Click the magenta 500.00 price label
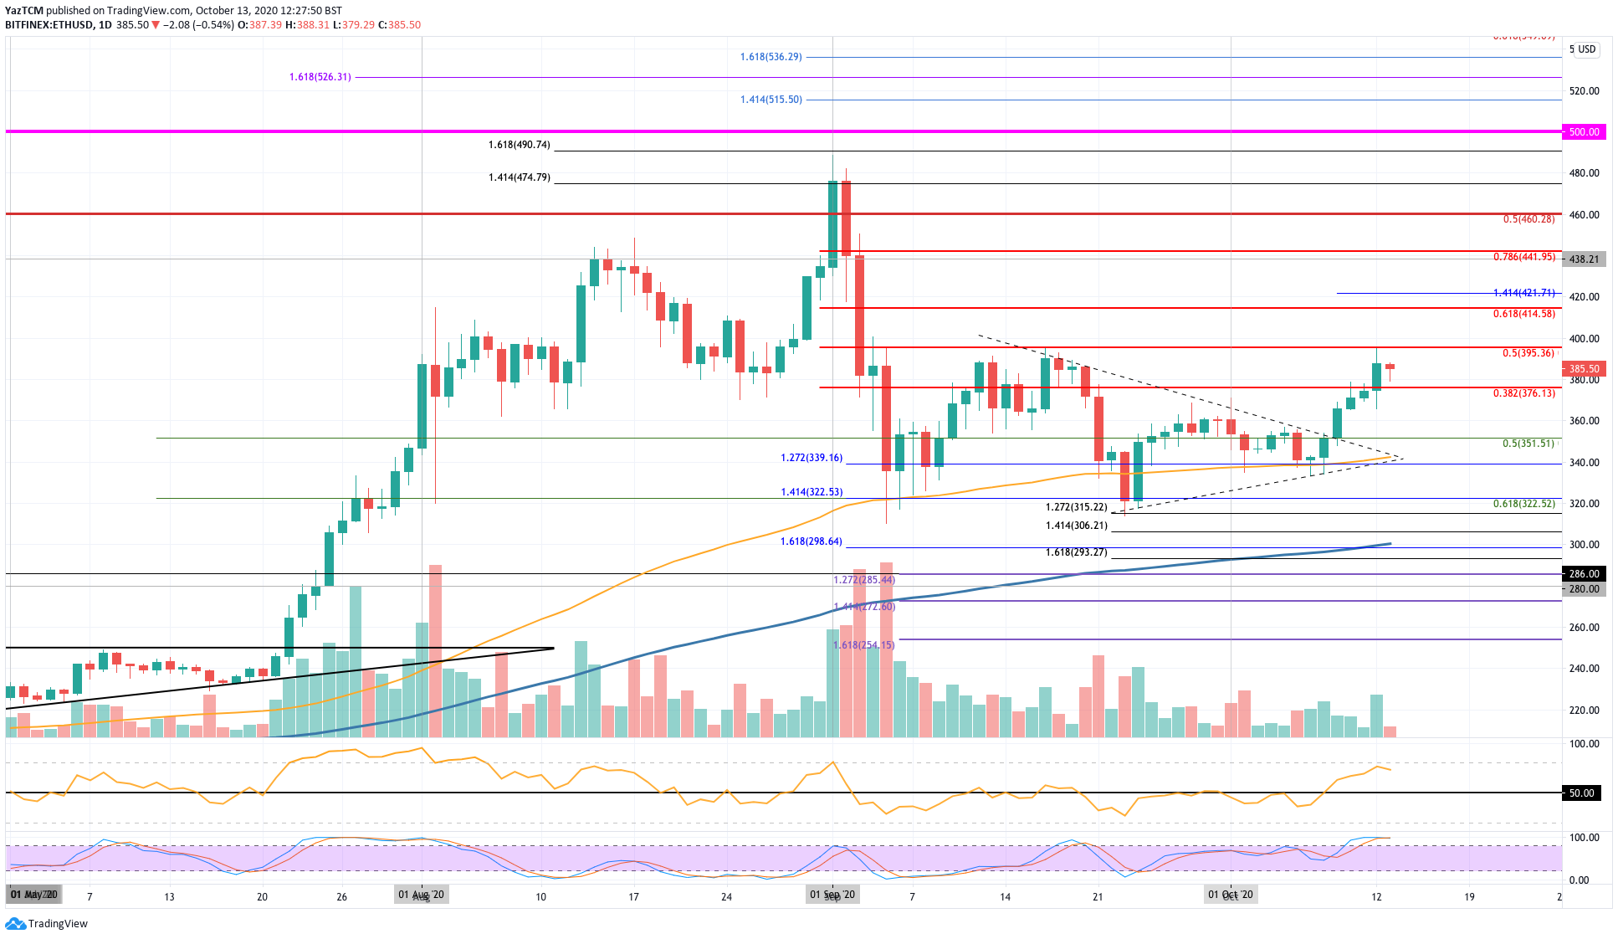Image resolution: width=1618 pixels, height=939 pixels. pos(1584,132)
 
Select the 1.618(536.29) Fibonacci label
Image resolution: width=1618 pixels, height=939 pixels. pos(771,57)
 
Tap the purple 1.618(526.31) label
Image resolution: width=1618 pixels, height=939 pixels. pos(320,77)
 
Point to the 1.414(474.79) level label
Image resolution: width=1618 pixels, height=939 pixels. pos(520,177)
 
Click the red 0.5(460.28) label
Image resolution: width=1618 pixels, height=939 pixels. pos(1528,219)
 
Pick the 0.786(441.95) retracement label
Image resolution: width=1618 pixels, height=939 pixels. pos(1524,257)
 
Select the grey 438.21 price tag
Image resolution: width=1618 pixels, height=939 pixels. pos(1584,259)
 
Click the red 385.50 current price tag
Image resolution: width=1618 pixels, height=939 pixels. pos(1584,369)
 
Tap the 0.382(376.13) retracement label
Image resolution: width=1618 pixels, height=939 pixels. pos(1524,393)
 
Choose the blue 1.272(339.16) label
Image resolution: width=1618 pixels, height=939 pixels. pos(812,458)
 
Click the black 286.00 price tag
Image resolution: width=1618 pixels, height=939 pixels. pos(1584,574)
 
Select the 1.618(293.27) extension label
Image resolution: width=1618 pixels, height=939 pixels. pos(1077,552)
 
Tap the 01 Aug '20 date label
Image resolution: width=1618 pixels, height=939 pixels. pos(422,895)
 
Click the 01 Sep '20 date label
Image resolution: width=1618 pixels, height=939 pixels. pos(832,895)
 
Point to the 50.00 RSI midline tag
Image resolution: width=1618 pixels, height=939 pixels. pos(1581,793)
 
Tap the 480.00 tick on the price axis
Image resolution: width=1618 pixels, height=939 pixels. pos(1584,173)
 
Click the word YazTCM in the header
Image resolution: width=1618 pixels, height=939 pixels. pos(23,11)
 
